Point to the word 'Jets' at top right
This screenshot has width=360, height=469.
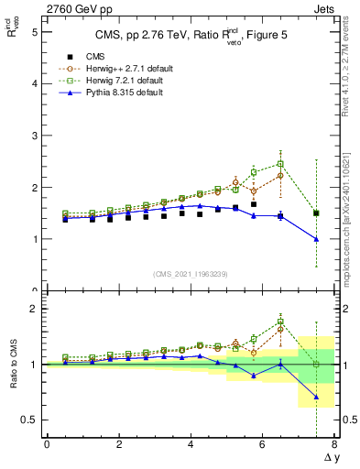[x=325, y=8]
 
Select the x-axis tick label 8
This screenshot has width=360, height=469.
[x=334, y=444]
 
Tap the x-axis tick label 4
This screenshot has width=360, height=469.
[x=191, y=444]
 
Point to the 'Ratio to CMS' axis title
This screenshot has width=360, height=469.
[x=12, y=364]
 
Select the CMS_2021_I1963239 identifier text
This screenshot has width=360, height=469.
[x=190, y=274]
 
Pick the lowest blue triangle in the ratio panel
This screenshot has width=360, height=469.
[x=316, y=398]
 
